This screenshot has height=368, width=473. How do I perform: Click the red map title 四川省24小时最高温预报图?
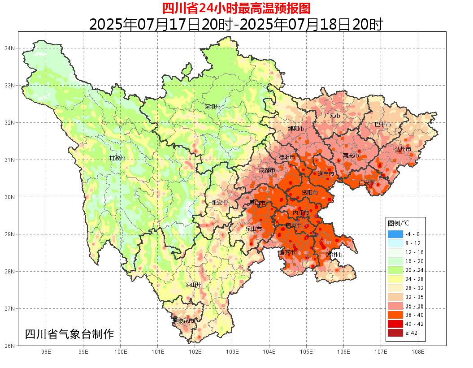coord(236,8)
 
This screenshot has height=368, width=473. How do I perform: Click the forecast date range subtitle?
coord(236,24)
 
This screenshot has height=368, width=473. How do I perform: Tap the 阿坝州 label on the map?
coord(213,107)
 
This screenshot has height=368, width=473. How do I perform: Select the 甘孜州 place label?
coord(117,158)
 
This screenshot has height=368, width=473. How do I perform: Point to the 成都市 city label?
coord(267,170)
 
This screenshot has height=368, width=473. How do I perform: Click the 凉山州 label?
coord(194,285)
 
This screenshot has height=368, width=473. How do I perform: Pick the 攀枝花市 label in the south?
coord(183,321)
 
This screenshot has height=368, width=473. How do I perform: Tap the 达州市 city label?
coord(403,149)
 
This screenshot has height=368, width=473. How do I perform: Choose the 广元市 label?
coord(332,116)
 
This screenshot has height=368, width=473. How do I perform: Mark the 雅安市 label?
coord(220,203)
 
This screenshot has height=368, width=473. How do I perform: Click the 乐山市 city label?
coord(253,229)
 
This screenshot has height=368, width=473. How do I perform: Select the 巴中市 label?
coord(382,124)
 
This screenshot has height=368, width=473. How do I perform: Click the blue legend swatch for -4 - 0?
coord(395,234)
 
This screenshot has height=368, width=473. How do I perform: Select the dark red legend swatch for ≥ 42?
coord(395,333)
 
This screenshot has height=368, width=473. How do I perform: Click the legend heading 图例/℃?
coord(399,223)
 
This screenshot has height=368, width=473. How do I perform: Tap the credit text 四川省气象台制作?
coord(69,334)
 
